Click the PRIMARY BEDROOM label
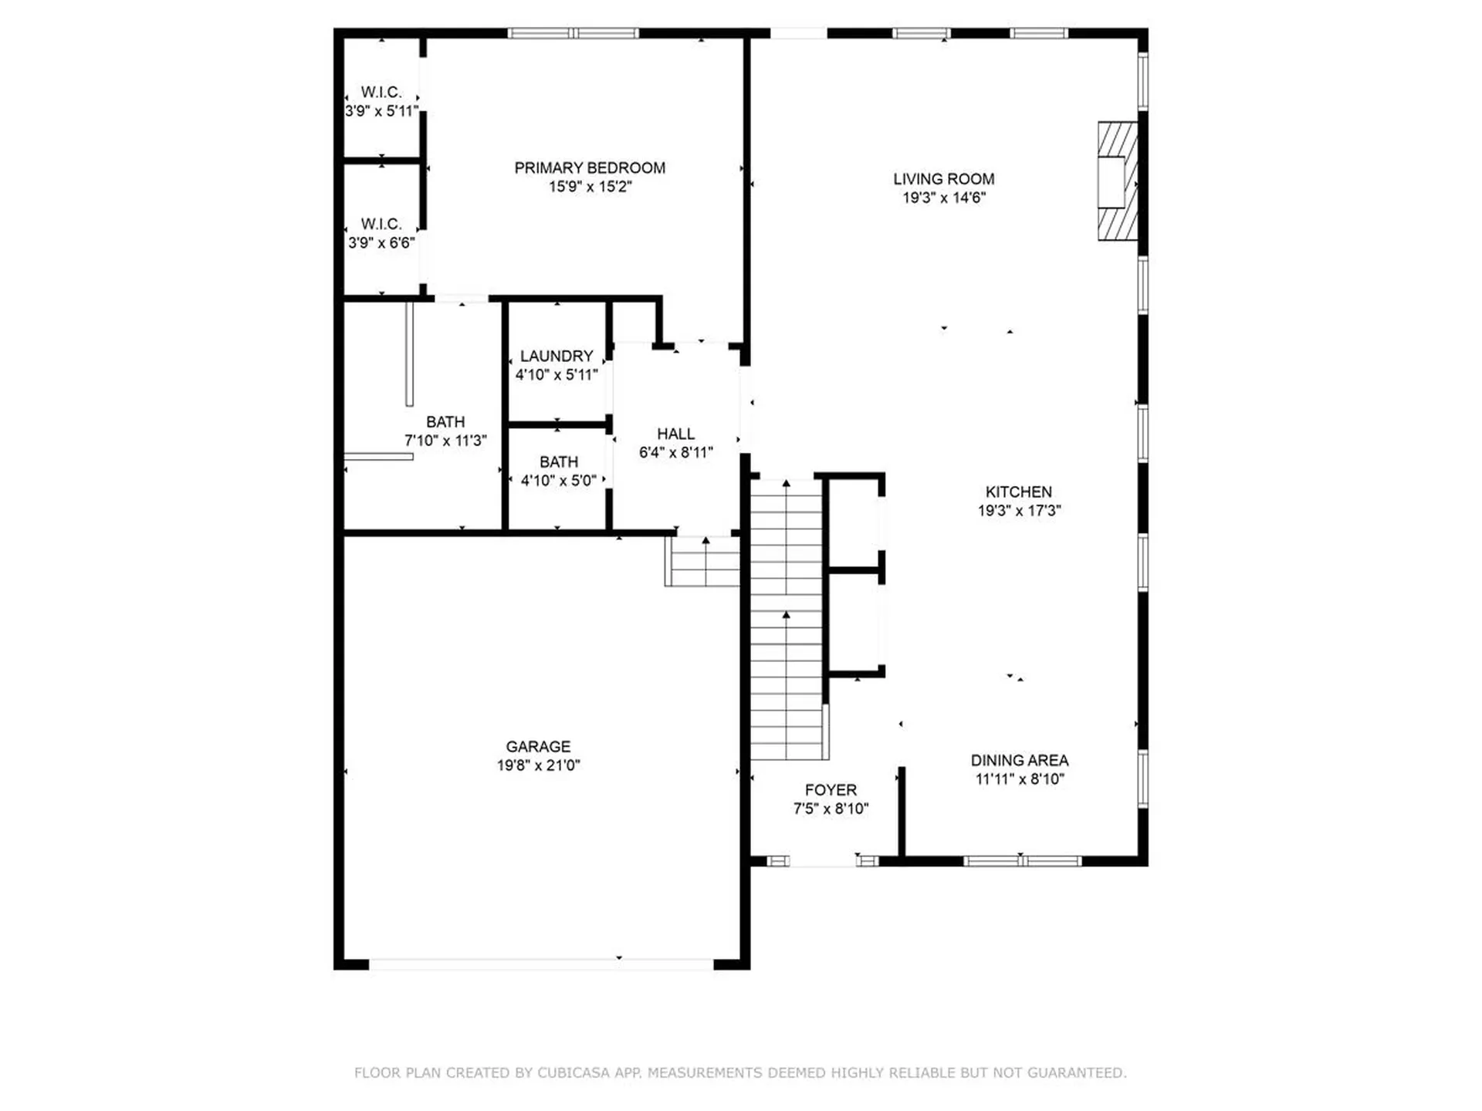click(x=590, y=168)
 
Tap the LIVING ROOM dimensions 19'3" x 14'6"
click(x=944, y=198)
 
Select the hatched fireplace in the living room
click(x=1117, y=181)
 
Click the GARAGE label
click(x=538, y=747)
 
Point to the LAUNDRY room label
click(x=557, y=356)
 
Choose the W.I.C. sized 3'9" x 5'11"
click(x=381, y=102)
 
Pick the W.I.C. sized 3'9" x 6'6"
click(x=381, y=234)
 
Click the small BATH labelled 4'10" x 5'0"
click(x=558, y=471)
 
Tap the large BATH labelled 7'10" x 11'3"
click(x=445, y=431)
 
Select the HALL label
click(x=675, y=434)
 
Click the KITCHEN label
click(x=1018, y=492)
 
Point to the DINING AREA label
click(x=1019, y=761)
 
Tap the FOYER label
click(x=831, y=790)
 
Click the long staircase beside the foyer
click(x=786, y=617)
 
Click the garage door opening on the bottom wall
click(x=540, y=964)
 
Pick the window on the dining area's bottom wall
click(x=1022, y=861)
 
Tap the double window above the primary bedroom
click(x=573, y=33)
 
